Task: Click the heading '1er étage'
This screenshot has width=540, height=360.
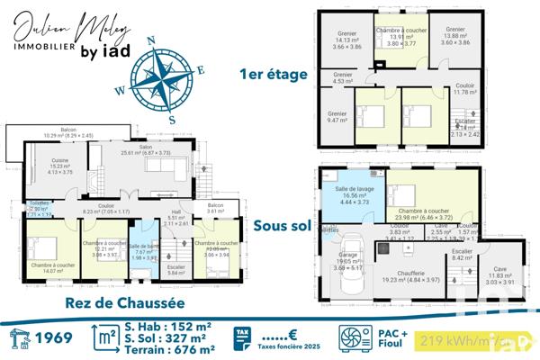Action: (274, 74)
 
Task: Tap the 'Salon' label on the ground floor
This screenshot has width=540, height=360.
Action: (145, 148)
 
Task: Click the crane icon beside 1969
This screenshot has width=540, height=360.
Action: (17, 337)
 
